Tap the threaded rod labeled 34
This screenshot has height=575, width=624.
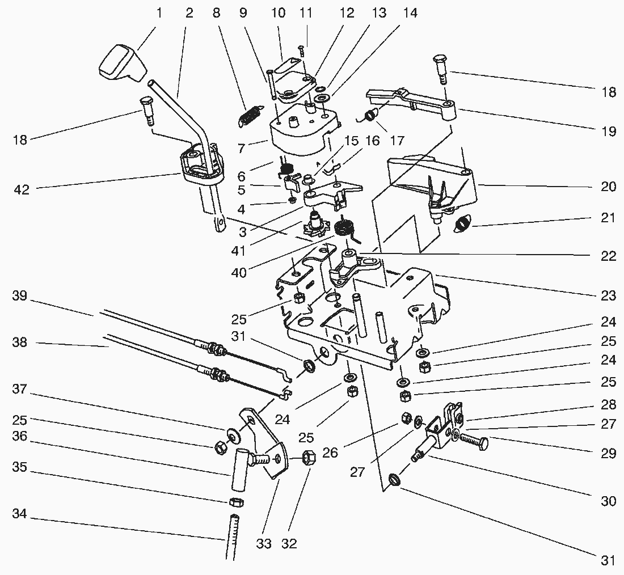click(x=233, y=536)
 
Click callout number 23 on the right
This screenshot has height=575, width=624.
click(x=609, y=295)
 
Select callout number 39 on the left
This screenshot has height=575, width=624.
click(x=20, y=296)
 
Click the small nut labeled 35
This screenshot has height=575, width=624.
click(x=237, y=502)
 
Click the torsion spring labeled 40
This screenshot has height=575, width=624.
click(x=344, y=229)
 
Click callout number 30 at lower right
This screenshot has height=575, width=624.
click(x=609, y=501)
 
